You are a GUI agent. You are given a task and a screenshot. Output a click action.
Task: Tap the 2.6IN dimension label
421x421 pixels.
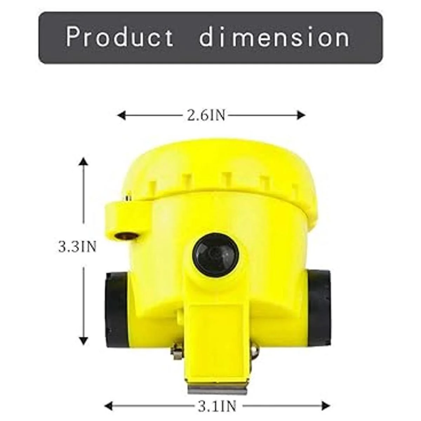pyautogui.click(x=206, y=115)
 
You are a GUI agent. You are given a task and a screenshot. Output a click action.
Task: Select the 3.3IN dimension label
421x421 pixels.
pyautogui.click(x=77, y=247)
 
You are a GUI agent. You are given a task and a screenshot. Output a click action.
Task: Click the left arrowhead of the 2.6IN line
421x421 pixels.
pyautogui.click(x=121, y=115)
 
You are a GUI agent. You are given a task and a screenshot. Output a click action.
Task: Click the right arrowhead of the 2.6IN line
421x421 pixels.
pyautogui.click(x=301, y=115)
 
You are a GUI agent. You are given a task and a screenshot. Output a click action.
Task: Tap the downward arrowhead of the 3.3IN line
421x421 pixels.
pyautogui.click(x=83, y=347)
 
